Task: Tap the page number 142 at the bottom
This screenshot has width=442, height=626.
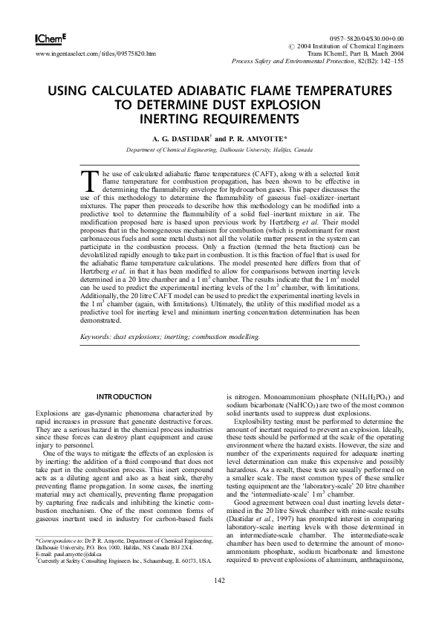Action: (x=220, y=601)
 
